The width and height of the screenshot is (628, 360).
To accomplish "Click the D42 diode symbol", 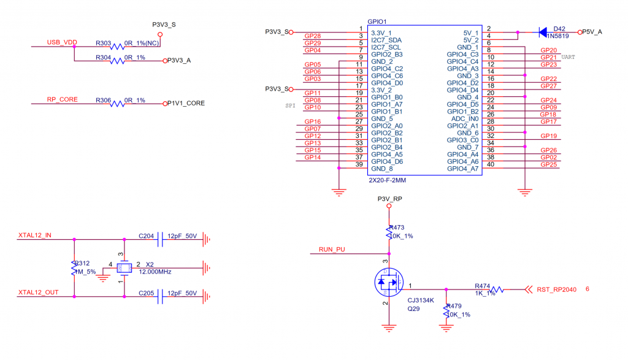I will [543, 32].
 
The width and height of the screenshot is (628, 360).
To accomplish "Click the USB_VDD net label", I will [61, 42].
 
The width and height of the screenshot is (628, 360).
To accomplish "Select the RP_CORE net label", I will [63, 99].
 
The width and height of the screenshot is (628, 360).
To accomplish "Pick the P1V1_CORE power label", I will [186, 104].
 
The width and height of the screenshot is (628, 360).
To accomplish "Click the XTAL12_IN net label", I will [35, 235].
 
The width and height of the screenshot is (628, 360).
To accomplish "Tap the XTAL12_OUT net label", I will [38, 293].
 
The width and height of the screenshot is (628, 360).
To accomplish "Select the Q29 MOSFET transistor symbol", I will [389, 283].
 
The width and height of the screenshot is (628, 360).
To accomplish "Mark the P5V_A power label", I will [592, 32].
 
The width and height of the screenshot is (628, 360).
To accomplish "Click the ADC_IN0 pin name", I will [464, 119].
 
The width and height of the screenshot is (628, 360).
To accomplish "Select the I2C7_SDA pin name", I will [386, 39].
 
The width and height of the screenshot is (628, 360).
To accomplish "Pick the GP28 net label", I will [313, 36].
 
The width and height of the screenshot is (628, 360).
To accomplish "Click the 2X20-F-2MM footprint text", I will [388, 181].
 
